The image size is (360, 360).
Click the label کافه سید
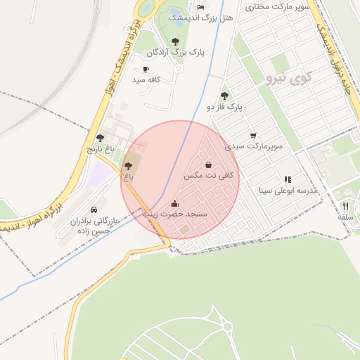point(146,79)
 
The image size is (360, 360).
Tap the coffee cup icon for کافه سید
point(146,69)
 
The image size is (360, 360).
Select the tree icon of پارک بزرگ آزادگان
point(175,41)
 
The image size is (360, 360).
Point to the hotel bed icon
point(201,7)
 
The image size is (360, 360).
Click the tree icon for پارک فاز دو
point(225,96)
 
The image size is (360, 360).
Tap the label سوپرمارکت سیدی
point(254,146)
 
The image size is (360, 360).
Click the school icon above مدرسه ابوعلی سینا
point(288,179)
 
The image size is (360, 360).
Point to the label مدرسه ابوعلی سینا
point(288,190)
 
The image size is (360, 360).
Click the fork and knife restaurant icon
point(345,206)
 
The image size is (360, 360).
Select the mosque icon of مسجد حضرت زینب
point(175,203)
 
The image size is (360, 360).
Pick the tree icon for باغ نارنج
point(100,138)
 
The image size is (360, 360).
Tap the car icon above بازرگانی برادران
point(94,210)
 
